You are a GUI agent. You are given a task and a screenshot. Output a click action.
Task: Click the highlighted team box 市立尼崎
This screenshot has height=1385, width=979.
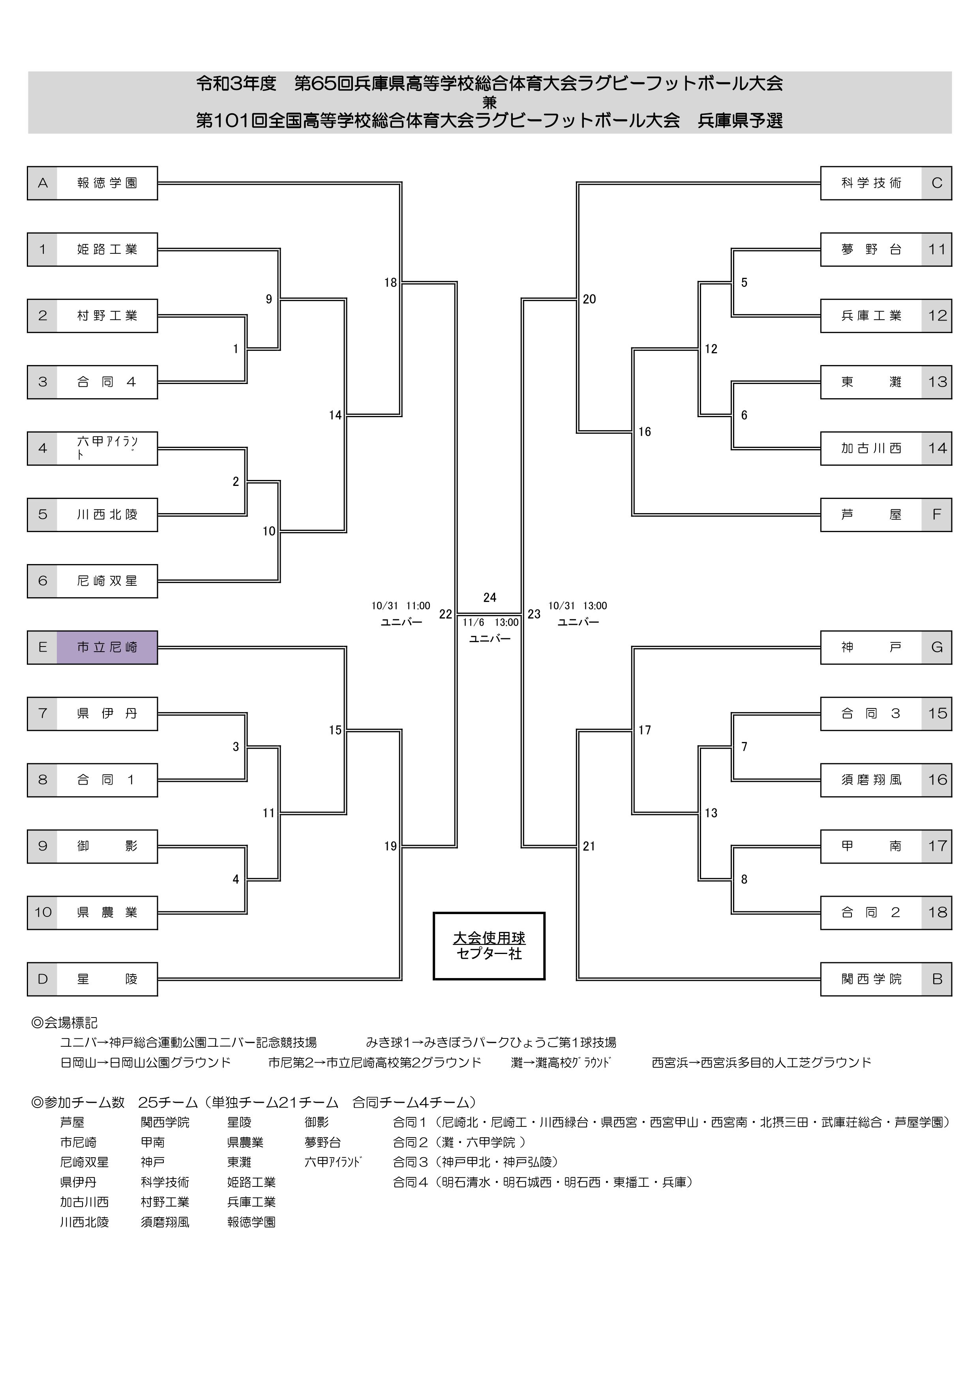pyautogui.click(x=107, y=647)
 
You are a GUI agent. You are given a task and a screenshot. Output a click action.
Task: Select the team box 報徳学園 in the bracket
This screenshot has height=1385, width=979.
pyautogui.click(x=107, y=183)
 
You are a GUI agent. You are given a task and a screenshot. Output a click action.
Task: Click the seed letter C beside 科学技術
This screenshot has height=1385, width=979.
pyautogui.click(x=936, y=183)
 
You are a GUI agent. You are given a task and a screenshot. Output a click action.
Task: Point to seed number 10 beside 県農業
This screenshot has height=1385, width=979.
pyautogui.click(x=42, y=913)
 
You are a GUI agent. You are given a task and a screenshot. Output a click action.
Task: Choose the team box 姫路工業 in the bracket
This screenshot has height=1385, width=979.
pyautogui.click(x=107, y=249)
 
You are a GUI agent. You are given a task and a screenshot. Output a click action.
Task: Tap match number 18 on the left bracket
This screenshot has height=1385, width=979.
pyautogui.click(x=390, y=282)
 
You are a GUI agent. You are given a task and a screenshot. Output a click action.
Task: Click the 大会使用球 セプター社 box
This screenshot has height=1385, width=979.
pyautogui.click(x=489, y=946)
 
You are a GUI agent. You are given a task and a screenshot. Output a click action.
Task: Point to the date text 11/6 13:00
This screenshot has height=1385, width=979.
pyautogui.click(x=490, y=622)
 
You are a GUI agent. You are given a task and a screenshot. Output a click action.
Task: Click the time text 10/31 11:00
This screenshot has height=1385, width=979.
pyautogui.click(x=401, y=605)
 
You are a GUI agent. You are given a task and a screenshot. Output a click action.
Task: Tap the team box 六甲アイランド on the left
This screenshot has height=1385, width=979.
pyautogui.click(x=107, y=448)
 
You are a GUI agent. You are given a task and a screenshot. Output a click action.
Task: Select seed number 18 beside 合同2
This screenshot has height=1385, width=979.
pyautogui.click(x=937, y=913)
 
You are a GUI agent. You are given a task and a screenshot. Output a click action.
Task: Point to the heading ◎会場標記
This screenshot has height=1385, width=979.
pyautogui.click(x=64, y=1023)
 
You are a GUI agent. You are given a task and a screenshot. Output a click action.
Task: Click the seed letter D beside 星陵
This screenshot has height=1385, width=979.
pyautogui.click(x=42, y=979)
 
